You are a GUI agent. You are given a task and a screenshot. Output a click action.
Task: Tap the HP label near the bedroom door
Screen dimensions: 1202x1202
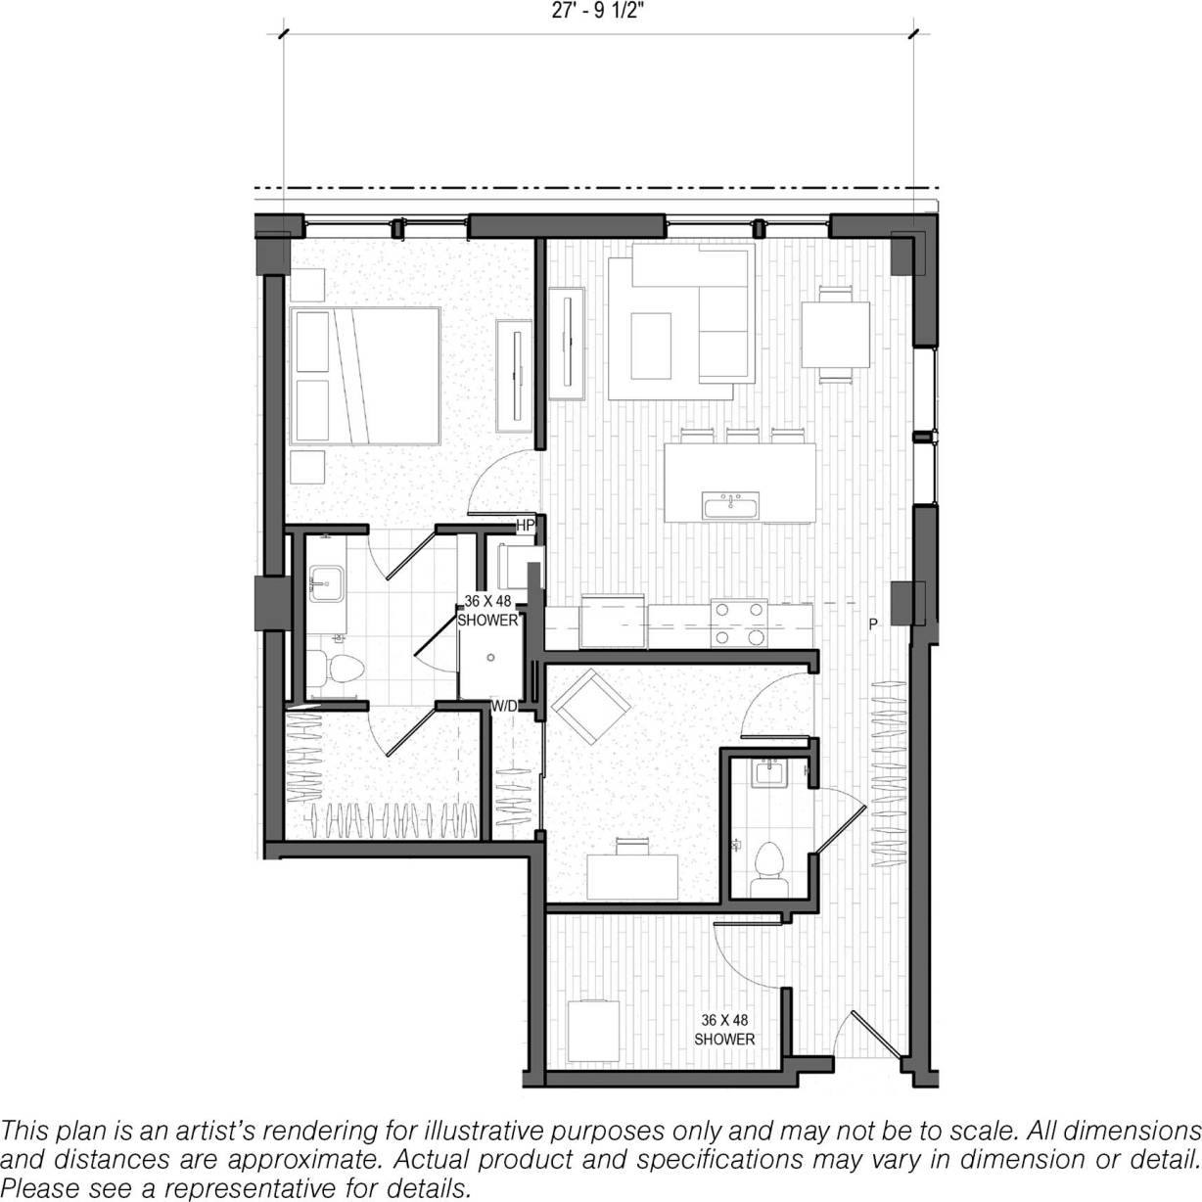point(525,526)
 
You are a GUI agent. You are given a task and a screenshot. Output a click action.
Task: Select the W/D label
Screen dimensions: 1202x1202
point(504,705)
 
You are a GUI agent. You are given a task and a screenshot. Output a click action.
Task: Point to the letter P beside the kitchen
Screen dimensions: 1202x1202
point(871,624)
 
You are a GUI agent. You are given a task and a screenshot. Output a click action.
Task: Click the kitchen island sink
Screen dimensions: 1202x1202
point(730,506)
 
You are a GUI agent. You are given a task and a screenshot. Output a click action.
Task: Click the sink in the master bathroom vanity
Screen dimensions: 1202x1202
point(324,586)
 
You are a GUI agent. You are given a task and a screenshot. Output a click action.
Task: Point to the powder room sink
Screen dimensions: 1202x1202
point(772,773)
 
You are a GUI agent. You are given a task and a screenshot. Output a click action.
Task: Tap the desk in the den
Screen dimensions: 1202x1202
point(632,874)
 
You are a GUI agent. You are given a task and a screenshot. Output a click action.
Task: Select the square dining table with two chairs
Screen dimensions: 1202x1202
point(835,335)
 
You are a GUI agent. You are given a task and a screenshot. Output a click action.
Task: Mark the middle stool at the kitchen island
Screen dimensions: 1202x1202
point(740,435)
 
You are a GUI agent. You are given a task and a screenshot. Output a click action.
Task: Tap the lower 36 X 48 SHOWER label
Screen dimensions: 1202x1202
point(724,1029)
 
